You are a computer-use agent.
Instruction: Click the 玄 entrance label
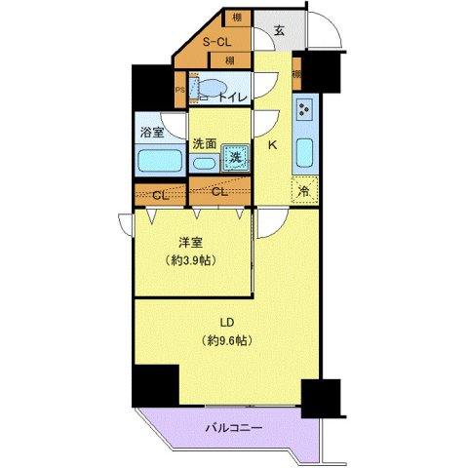(279, 30)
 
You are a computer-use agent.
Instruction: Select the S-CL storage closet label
(216, 42)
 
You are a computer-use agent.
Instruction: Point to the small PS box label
(179, 91)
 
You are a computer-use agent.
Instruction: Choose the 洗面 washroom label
(204, 143)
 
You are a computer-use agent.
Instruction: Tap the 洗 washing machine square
(235, 157)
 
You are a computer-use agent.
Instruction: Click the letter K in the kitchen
(273, 145)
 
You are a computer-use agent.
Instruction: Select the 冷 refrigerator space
(303, 191)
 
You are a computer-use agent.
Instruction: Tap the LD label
(224, 323)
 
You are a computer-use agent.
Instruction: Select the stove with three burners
(303, 112)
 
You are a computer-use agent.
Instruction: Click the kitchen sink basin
(303, 153)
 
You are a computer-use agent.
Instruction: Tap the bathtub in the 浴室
(156, 160)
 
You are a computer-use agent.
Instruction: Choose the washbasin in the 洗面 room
(207, 163)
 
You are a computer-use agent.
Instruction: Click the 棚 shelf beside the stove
(295, 74)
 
